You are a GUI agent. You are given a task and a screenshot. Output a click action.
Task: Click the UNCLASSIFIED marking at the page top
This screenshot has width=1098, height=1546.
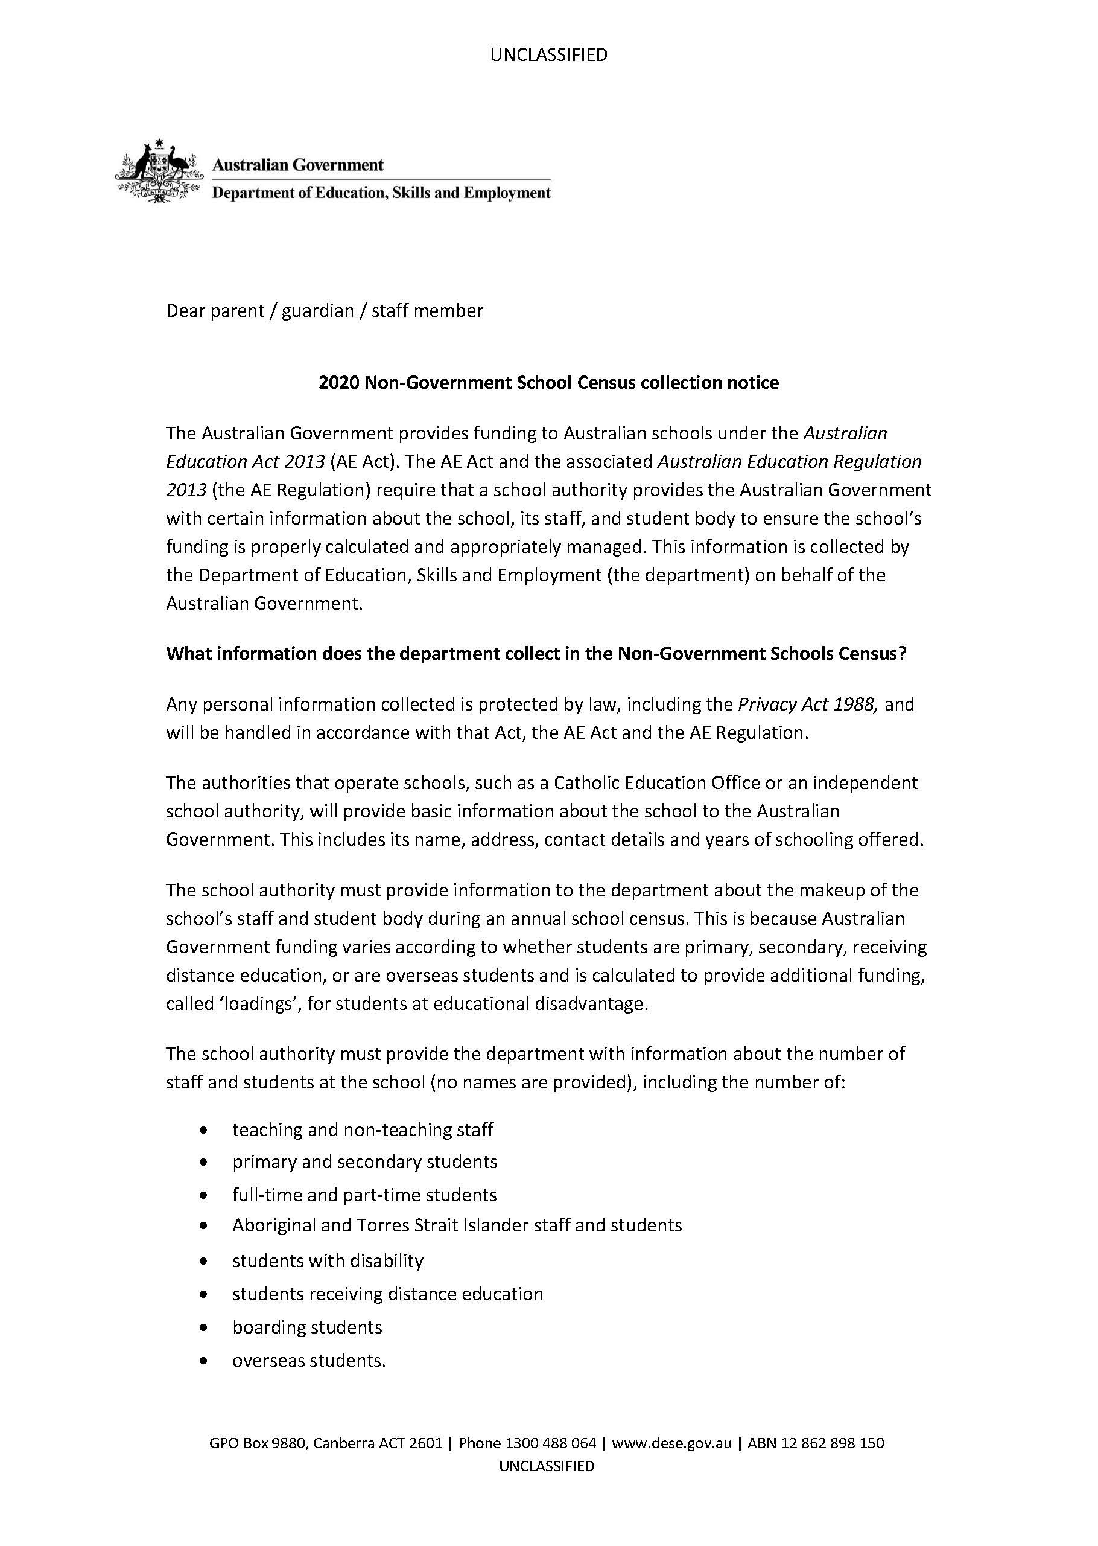[548, 55]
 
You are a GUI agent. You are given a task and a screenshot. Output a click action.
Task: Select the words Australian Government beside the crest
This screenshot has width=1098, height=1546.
[297, 165]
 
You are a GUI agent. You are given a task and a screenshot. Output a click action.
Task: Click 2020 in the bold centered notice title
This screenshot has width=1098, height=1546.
[338, 383]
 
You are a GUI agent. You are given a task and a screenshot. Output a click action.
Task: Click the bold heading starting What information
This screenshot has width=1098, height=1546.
[536, 654]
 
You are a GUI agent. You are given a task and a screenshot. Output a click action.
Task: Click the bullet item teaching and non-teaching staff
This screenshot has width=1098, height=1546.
[363, 1130]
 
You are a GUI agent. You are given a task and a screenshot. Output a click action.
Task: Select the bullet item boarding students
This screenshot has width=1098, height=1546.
[307, 1327]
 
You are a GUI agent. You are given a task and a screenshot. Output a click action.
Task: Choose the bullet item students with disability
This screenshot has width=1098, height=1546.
[328, 1261]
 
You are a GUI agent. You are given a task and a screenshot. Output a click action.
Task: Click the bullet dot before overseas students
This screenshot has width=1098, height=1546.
[204, 1361]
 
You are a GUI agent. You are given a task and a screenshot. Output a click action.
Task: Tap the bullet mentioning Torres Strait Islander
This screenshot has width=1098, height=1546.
[457, 1225]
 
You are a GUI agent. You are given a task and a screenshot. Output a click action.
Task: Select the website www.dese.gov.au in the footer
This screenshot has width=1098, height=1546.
[671, 1443]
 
